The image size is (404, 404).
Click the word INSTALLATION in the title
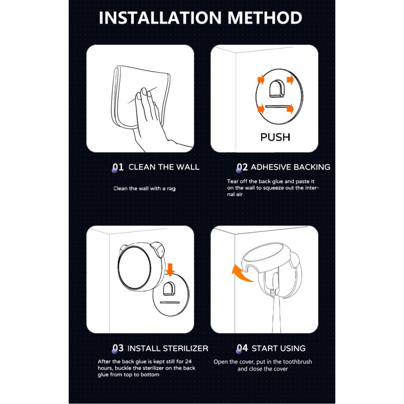160,18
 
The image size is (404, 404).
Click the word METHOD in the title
265,18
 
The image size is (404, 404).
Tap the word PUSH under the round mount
275,137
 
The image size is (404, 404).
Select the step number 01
118,167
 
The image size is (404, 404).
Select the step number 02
242,167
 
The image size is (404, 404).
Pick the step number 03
118,348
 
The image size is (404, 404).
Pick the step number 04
242,348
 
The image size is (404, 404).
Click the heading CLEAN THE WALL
164,167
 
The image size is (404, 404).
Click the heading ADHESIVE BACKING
290,167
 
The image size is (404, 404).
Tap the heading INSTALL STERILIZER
168,348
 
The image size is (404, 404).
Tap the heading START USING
279,348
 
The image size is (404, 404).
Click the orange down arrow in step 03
170,270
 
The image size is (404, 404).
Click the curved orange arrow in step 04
241,274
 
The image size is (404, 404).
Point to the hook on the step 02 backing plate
277,88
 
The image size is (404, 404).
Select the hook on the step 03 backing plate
169,289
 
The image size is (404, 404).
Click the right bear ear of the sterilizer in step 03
158,249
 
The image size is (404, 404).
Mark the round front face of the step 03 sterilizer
134,268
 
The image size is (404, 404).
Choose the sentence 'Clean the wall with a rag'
144,188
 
